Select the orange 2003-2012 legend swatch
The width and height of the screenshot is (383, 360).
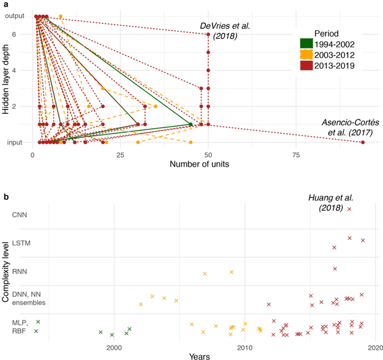308,55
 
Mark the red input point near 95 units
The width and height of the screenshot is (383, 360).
363,142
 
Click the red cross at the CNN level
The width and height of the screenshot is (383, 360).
349,208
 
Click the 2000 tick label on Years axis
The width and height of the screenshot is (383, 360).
114,347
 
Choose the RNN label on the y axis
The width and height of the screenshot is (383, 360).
21,271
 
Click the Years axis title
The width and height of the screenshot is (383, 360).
199,356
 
